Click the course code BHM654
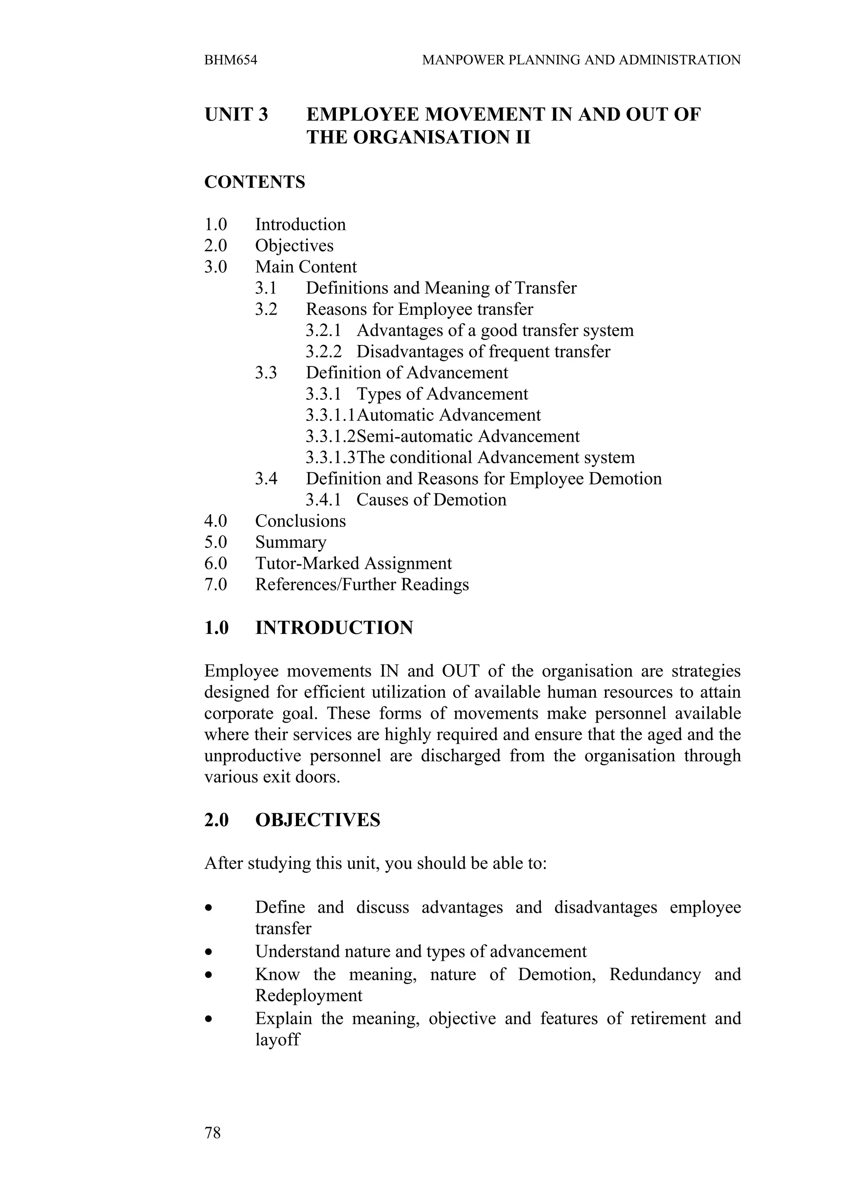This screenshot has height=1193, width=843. (231, 60)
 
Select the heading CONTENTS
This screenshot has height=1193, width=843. (254, 182)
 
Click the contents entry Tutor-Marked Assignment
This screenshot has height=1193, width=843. (353, 563)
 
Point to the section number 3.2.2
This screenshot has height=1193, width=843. (323, 352)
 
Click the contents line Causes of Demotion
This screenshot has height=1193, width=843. (431, 500)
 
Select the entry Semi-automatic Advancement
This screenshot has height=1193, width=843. (468, 436)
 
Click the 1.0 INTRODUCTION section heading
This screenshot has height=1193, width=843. (309, 628)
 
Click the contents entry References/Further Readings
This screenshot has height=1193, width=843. (362, 585)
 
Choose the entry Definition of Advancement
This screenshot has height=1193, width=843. (407, 373)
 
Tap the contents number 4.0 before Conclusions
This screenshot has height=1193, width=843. (216, 521)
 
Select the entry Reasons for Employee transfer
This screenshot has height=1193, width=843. (419, 310)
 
